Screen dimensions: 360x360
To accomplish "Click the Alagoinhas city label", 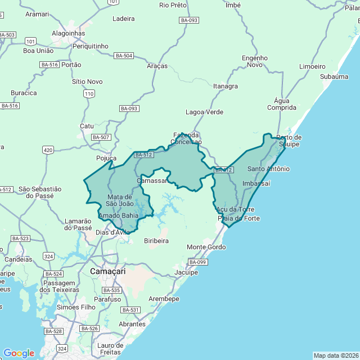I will pos(68,33).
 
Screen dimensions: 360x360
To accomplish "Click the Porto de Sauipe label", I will pos(289,141).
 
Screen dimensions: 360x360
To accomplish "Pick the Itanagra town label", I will pos(226,86).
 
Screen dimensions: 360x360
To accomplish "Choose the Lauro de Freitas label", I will pos(110,348).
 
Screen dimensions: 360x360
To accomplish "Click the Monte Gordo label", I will pos(206,247).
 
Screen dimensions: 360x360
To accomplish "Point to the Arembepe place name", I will pos(164,299).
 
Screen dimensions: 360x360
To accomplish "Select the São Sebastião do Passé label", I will pos(39,192).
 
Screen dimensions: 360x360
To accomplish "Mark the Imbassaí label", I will pos(256,183).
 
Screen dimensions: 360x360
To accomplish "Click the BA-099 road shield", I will pos(197,262).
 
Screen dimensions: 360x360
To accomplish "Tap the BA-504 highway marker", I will pos(124,56).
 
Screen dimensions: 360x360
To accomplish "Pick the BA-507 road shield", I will pos(101,137).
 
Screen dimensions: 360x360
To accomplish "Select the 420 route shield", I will pos(48,150).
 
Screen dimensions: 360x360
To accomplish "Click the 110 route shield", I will pos(88,94).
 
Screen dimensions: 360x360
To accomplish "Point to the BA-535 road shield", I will pos(112,290).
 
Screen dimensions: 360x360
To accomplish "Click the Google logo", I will pos(19,353).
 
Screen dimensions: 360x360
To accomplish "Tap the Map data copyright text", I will pos(335,355).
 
